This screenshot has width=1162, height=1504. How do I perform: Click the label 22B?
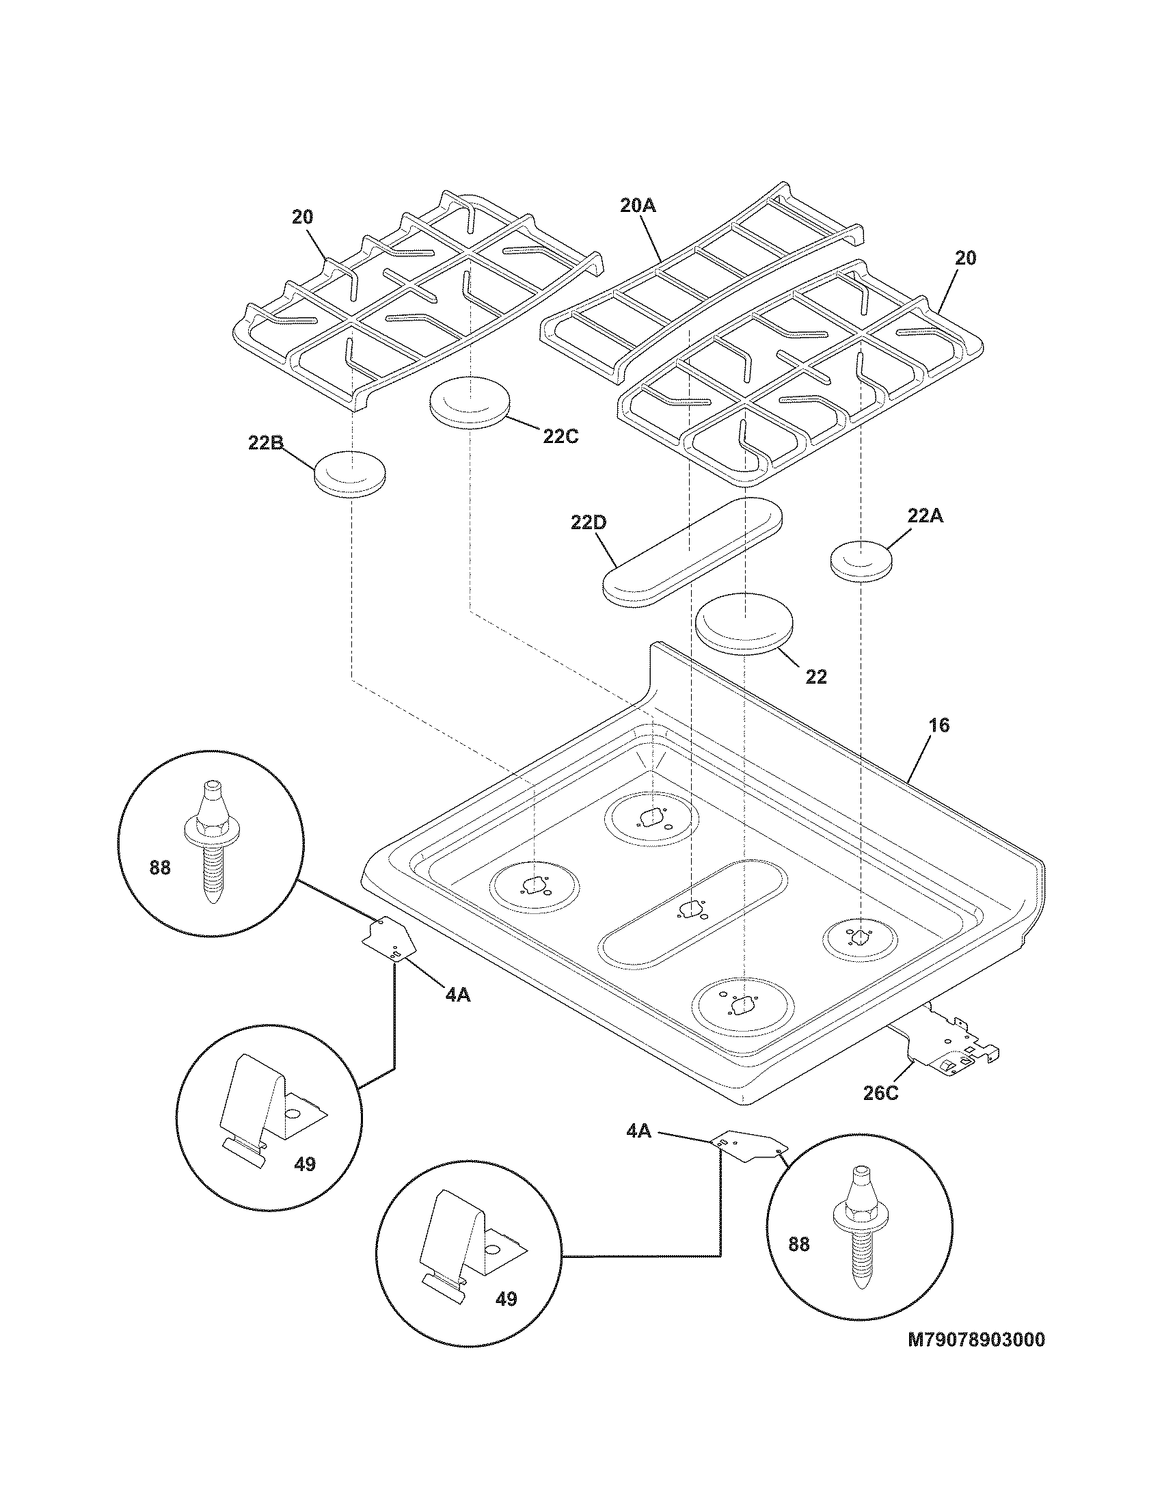(x=266, y=444)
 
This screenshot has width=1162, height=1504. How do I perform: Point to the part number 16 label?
(x=938, y=725)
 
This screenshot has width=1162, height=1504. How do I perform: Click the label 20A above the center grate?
(x=638, y=206)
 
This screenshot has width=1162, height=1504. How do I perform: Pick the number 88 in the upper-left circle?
(x=160, y=868)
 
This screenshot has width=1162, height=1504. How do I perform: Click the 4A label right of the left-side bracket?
(x=458, y=995)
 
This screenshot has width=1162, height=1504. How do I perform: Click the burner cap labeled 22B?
(x=350, y=472)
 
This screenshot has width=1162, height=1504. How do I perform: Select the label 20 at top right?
(x=966, y=258)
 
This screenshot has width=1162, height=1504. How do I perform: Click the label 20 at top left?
(x=302, y=217)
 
